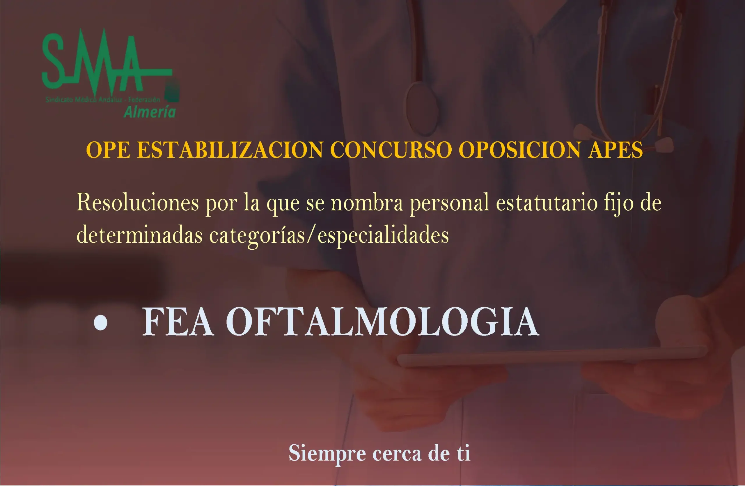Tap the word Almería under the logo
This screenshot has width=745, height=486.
click(x=150, y=112)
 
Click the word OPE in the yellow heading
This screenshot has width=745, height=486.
click(x=108, y=150)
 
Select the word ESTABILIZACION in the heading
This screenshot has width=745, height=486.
click(x=230, y=150)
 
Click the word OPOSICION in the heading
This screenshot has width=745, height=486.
click(x=520, y=150)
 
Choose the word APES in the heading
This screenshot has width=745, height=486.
click(x=615, y=150)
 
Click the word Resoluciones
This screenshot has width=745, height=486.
click(x=138, y=203)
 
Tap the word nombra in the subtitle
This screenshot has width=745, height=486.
click(x=367, y=203)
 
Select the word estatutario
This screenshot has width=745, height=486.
click(x=547, y=203)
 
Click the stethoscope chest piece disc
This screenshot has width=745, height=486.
click(x=422, y=108)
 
